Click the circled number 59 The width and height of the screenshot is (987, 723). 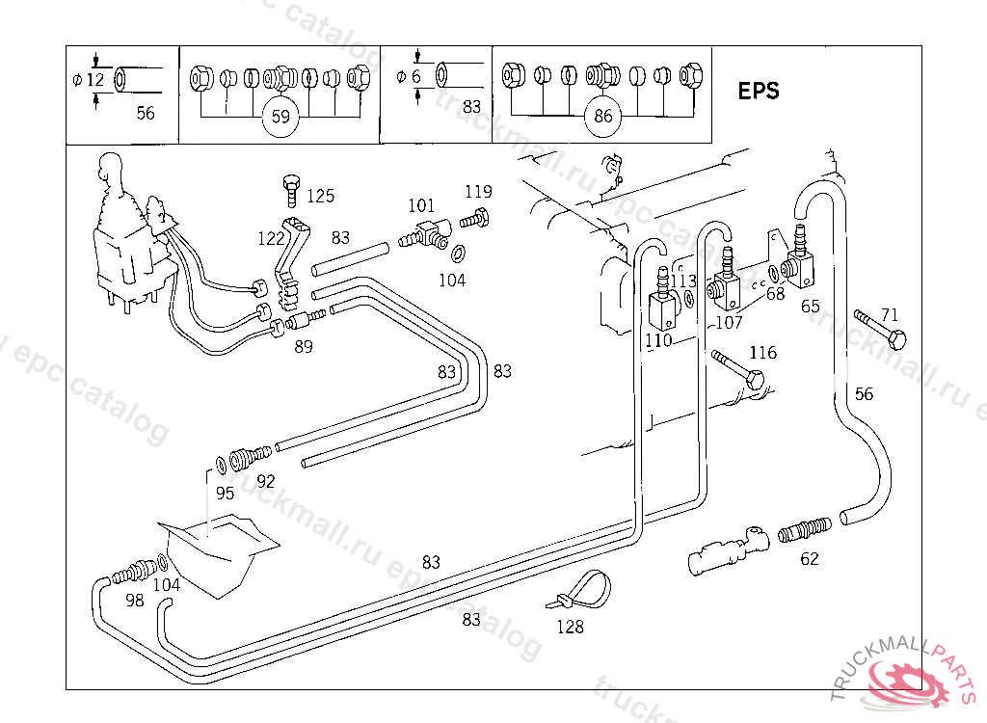[280, 118]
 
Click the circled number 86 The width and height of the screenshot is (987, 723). [603, 118]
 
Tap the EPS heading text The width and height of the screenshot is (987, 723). [759, 92]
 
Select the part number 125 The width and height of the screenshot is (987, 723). [320, 197]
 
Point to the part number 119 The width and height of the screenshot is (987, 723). [478, 191]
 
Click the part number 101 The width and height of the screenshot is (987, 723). [421, 205]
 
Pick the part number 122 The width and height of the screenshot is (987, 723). [270, 237]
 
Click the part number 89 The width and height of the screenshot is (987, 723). [304, 347]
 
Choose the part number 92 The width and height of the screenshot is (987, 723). [266, 480]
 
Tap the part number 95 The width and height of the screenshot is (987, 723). [225, 494]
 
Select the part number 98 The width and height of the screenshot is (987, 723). [134, 600]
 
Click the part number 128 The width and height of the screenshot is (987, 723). [571, 628]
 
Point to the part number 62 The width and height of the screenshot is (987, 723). [810, 558]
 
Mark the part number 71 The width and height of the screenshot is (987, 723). [889, 314]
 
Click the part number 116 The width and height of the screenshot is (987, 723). [762, 353]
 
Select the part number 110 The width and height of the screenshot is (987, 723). [658, 340]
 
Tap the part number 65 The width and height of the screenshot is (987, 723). [811, 306]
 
